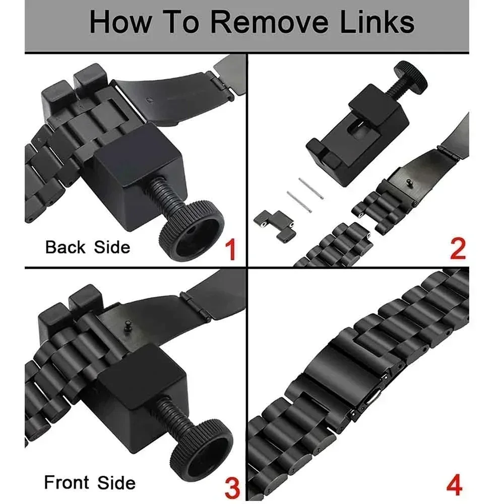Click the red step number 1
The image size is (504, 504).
tap(231, 250)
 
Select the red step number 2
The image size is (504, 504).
tap(458, 249)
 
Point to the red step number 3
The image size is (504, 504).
tap(231, 488)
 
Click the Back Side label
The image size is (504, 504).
tap(88, 247)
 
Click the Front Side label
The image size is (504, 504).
tap(90, 483)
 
